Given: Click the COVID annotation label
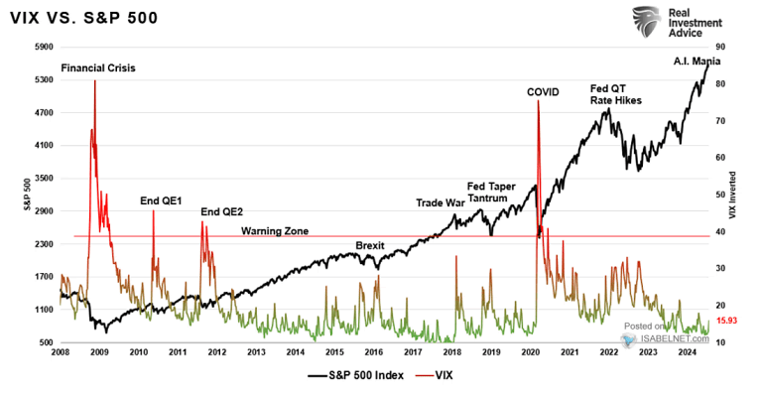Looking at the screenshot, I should pos(543,92).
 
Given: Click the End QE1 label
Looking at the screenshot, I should pos(159,201).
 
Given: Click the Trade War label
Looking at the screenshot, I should pos(440,203).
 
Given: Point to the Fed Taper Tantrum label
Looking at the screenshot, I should pos(491,192).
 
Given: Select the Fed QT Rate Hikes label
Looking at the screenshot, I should pos(615,93).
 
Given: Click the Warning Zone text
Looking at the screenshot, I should pos(275,231).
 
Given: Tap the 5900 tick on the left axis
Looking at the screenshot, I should pos(44,47).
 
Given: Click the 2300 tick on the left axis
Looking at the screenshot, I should pos(44,244).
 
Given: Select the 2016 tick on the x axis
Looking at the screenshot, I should pos(373,352).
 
